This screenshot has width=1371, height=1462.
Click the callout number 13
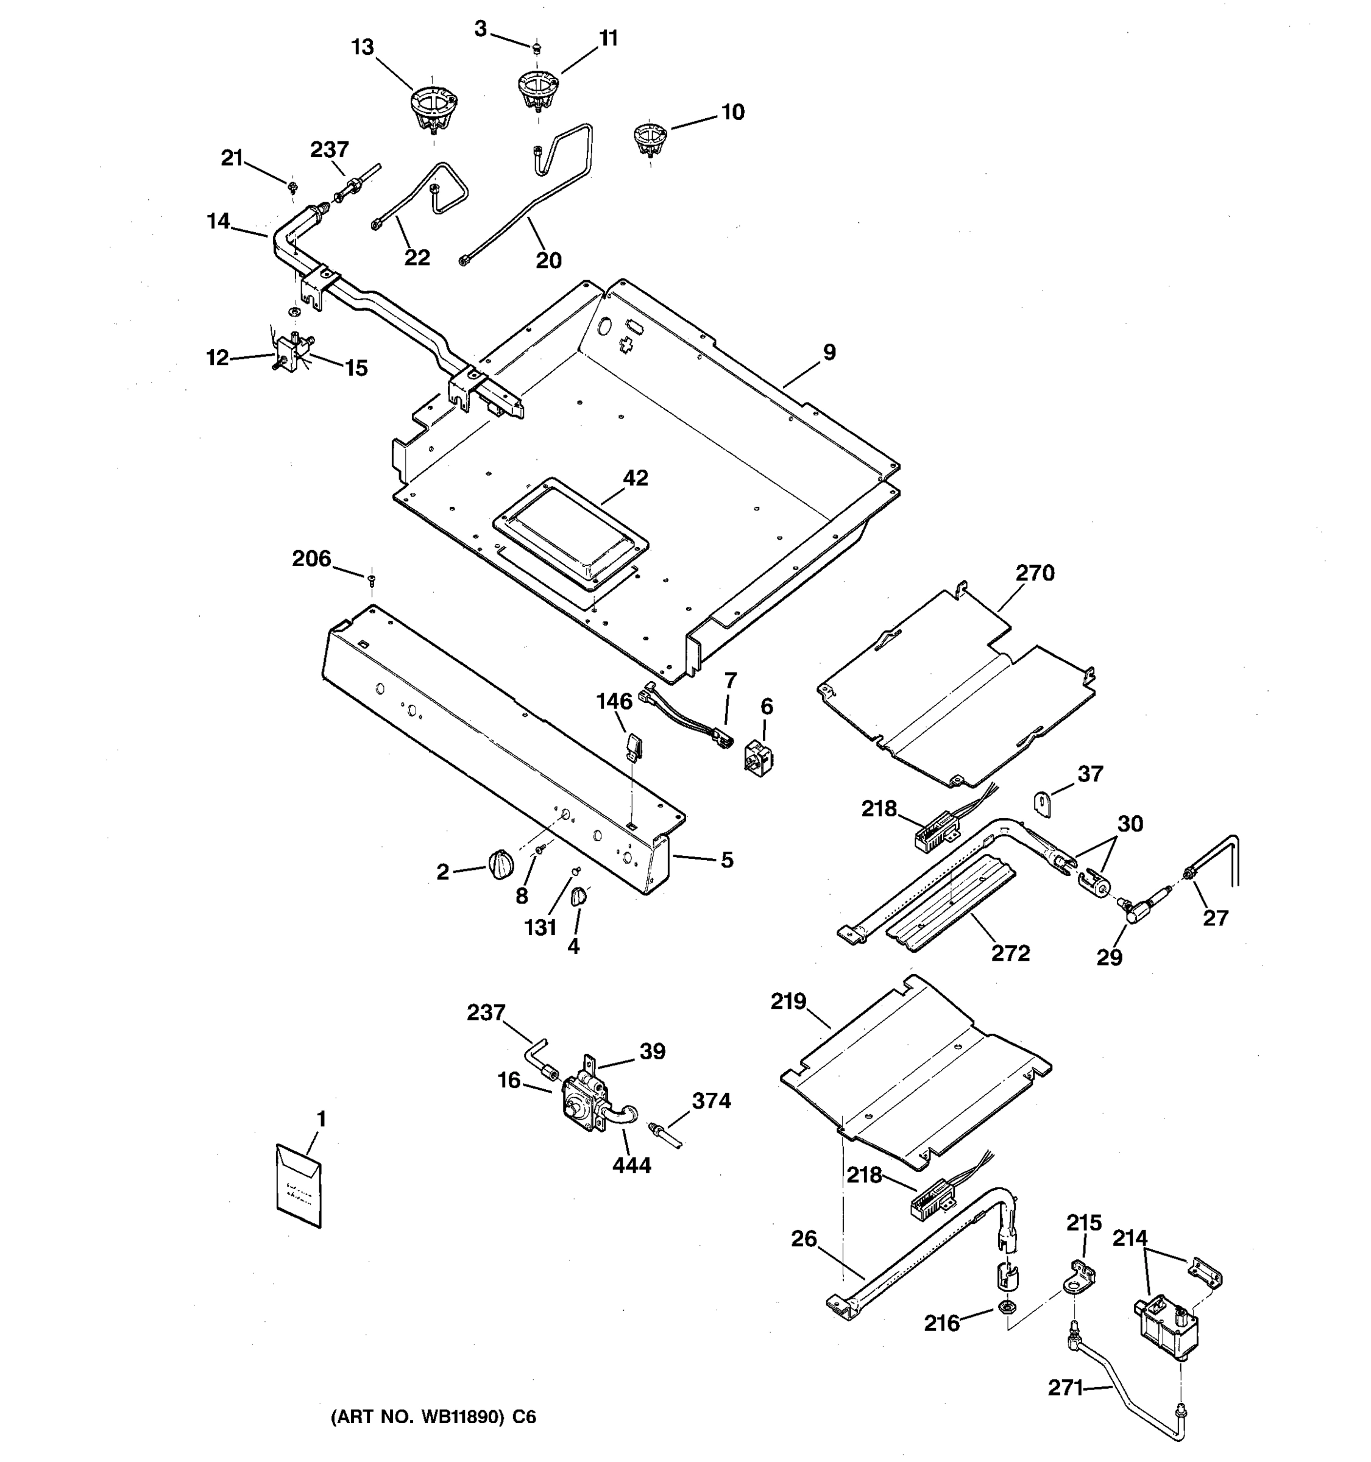(362, 48)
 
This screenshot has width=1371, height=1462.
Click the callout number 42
(636, 479)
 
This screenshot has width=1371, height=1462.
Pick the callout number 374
(711, 1101)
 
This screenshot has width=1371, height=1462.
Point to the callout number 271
(1065, 1388)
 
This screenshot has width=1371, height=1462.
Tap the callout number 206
(311, 559)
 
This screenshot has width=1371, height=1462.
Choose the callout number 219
(788, 1001)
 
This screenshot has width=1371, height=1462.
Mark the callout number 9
(829, 352)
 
